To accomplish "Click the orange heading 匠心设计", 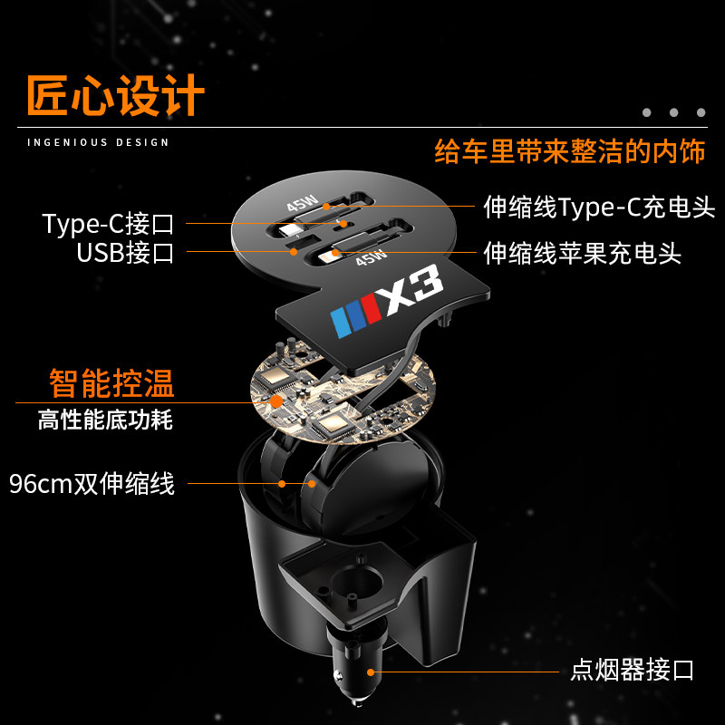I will pyautogui.click(x=116, y=96).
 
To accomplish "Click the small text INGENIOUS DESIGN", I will pyautogui.click(x=98, y=142).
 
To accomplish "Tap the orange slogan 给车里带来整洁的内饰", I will pyautogui.click(x=569, y=150).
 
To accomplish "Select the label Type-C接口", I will pyautogui.click(x=108, y=223).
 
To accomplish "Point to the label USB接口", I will pyautogui.click(x=125, y=252).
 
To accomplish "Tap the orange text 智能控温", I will pyautogui.click(x=111, y=383).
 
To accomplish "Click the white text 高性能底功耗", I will pyautogui.click(x=105, y=420).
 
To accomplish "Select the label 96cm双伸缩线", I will pyautogui.click(x=92, y=484).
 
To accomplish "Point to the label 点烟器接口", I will pyautogui.click(x=632, y=671).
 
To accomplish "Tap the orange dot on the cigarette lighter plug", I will pyautogui.click(x=370, y=672).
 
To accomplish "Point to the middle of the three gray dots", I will pyautogui.click(x=673, y=112).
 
